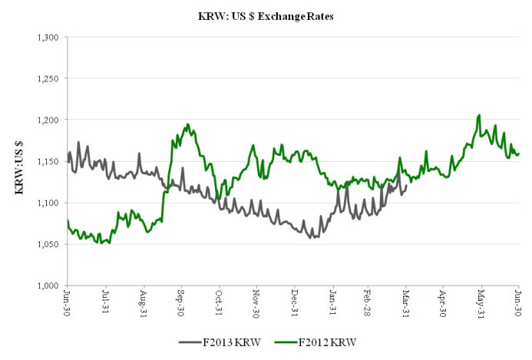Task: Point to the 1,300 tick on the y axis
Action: coord(48,37)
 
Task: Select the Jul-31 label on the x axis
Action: coord(106,302)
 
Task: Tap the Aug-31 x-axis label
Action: coord(144,302)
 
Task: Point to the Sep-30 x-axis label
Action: coord(181,302)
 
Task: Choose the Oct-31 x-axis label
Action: coord(219,302)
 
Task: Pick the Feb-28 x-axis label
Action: coord(368,302)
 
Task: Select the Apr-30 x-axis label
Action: coord(444,302)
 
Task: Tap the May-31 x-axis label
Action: coord(482,302)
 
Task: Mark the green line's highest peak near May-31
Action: coord(479,115)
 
